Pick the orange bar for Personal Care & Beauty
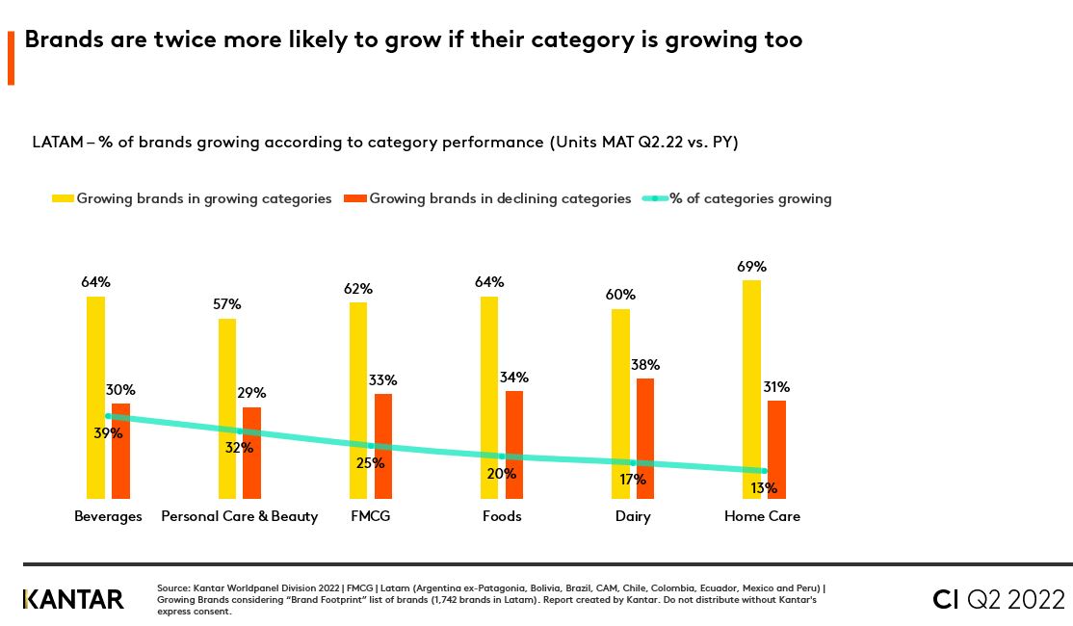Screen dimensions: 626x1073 click(251, 453)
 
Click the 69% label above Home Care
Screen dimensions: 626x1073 click(751, 267)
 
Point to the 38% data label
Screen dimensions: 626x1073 click(645, 365)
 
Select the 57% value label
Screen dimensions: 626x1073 click(227, 304)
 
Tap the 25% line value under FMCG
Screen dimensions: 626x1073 click(370, 463)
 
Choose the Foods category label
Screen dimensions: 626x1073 click(501, 516)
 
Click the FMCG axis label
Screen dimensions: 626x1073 click(371, 516)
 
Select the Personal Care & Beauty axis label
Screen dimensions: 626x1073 click(239, 516)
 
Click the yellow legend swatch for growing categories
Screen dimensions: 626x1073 click(63, 198)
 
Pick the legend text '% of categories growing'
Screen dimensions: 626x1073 click(750, 198)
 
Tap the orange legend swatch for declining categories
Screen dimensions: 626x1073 click(355, 198)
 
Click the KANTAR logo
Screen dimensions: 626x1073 click(73, 599)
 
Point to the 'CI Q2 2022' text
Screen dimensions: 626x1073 click(999, 598)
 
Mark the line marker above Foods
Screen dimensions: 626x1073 click(501, 456)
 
